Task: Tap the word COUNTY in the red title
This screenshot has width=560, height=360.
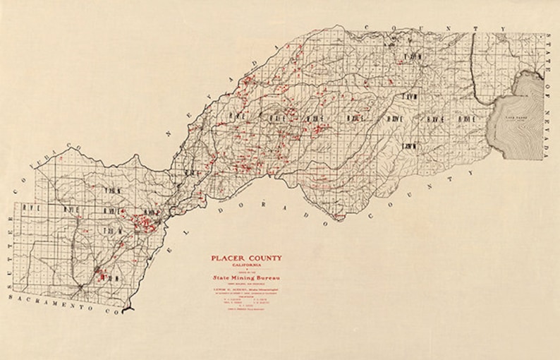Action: coord(265,258)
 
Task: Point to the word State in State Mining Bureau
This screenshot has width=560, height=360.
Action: coord(221,278)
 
